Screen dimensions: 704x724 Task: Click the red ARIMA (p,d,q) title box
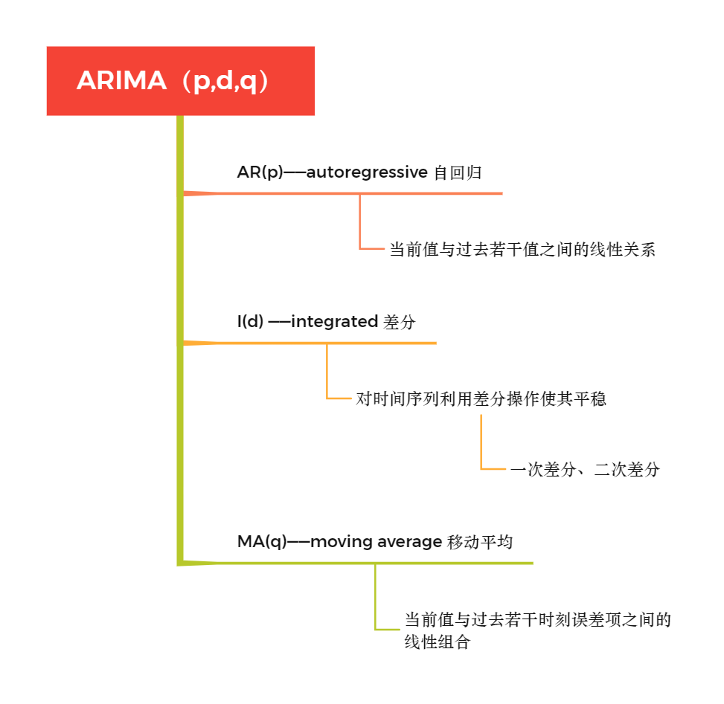coord(180,80)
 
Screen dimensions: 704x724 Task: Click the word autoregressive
coord(366,172)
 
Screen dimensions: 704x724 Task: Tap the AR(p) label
coord(260,172)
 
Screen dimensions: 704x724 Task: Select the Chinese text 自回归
coord(457,172)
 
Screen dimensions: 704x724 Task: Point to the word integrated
coord(334,322)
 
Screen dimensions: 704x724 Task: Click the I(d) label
coord(250,322)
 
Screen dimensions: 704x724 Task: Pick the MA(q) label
coord(262,542)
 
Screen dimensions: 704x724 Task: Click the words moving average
coord(376,542)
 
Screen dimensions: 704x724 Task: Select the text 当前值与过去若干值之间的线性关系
coord(522,250)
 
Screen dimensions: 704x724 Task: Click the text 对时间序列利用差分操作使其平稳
coord(480,399)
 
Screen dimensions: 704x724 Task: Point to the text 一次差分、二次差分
coord(584,470)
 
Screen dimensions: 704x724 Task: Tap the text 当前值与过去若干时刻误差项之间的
coord(537,619)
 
